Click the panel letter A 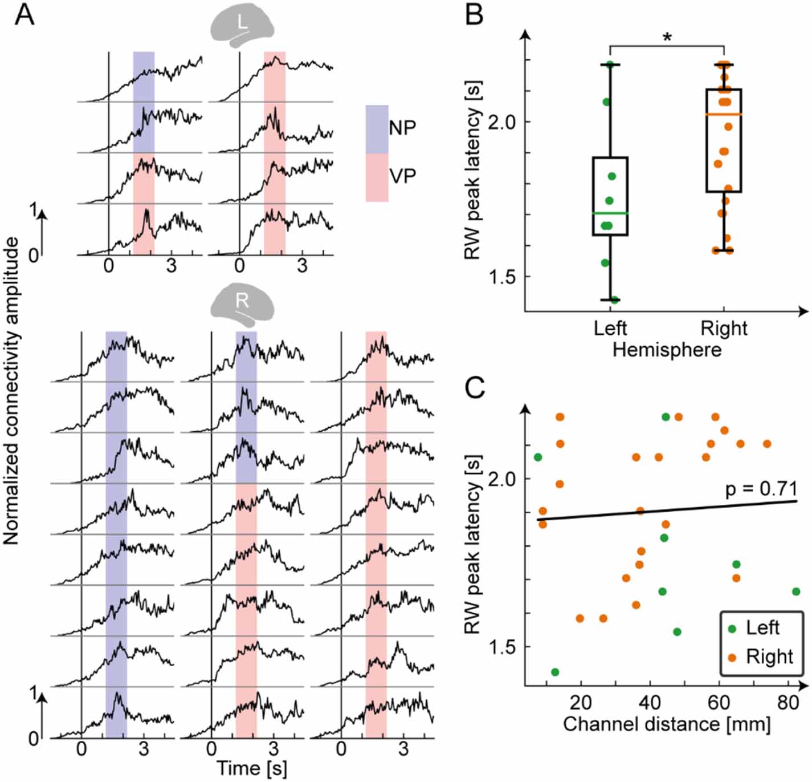click(25, 15)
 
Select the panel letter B click(474, 15)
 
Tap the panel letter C click(475, 388)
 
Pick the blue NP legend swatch click(377, 128)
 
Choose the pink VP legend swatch click(377, 177)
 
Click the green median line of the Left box click(610, 213)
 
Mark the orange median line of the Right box click(724, 115)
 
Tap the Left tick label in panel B click(610, 329)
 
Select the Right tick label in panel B click(724, 329)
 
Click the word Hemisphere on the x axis click(667, 350)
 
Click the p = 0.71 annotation click(761, 489)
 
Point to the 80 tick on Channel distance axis click(787, 702)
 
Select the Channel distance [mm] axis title click(667, 724)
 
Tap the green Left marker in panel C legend click(732, 629)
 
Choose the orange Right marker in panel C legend click(732, 657)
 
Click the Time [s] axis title click(251, 768)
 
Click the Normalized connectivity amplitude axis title click(11, 391)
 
